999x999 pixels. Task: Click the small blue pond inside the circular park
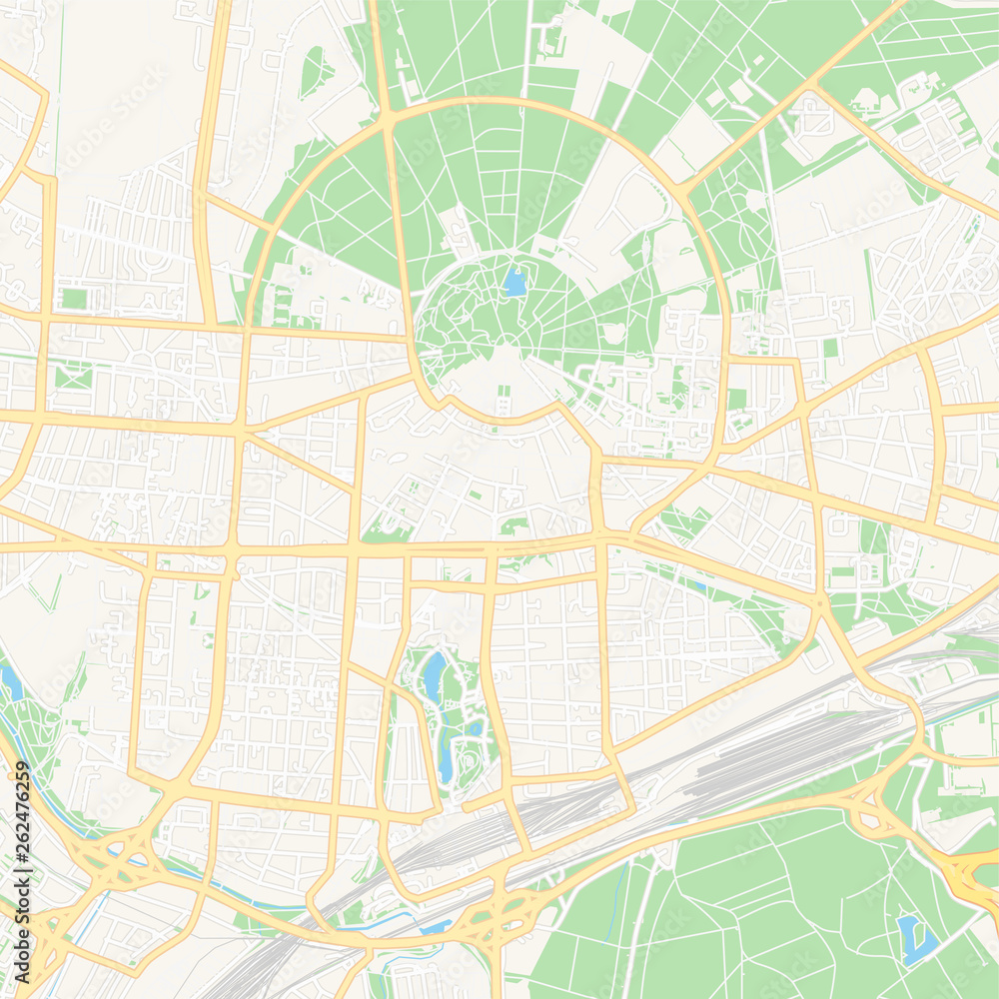(x=514, y=283)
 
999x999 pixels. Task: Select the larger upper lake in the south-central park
(x=434, y=675)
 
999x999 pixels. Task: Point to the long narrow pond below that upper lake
(x=445, y=759)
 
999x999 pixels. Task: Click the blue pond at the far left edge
(x=12, y=683)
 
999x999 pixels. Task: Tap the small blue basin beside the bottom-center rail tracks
(x=437, y=926)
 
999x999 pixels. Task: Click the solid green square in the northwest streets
(x=74, y=299)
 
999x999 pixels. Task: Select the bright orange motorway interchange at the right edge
(x=969, y=874)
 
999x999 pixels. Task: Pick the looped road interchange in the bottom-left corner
(x=110, y=859)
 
